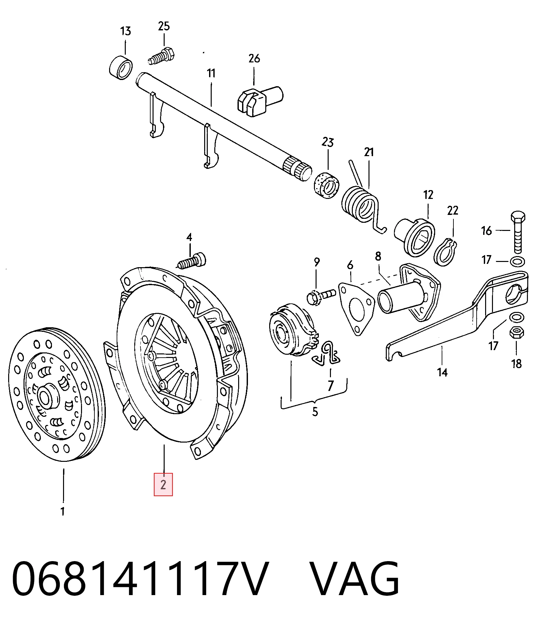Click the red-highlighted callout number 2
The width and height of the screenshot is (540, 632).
(x=163, y=484)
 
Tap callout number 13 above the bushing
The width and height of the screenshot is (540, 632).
(x=125, y=31)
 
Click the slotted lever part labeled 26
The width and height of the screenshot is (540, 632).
(x=260, y=100)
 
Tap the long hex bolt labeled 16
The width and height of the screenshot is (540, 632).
(x=518, y=232)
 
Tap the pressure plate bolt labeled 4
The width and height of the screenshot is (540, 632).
(x=192, y=261)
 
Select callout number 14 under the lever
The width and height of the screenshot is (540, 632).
(x=442, y=372)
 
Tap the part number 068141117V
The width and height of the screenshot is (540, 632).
(x=140, y=579)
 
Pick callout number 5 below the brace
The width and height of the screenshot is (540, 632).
(x=315, y=412)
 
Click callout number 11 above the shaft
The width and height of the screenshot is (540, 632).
(x=211, y=73)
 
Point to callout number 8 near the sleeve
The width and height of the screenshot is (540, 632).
(x=378, y=256)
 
